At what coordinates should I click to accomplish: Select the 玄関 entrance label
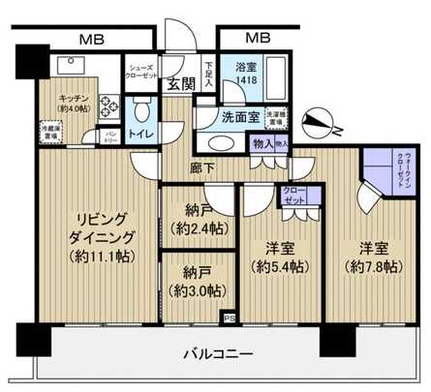(180, 84)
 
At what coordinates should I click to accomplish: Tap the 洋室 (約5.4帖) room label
(277, 256)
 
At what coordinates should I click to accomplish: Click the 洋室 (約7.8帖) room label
(371, 256)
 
